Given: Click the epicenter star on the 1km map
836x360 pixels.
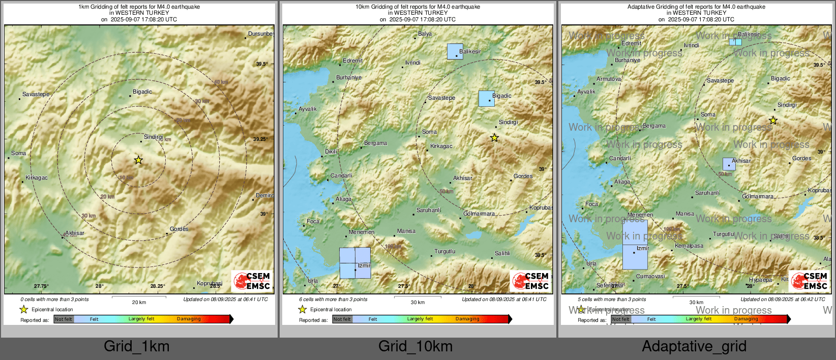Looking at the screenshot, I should pyautogui.click(x=138, y=160).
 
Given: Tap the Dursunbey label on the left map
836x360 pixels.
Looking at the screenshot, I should pyautogui.click(x=260, y=34).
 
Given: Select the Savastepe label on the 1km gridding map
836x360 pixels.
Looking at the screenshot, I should pyautogui.click(x=36, y=95).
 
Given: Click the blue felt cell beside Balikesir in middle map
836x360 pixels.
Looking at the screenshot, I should pyautogui.click(x=455, y=51).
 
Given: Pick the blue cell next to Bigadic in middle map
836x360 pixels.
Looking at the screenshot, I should pyautogui.click(x=486, y=99).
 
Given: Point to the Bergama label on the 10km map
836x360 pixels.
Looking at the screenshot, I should pyautogui.click(x=375, y=143).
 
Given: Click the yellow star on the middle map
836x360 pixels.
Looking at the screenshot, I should pyautogui.click(x=494, y=138).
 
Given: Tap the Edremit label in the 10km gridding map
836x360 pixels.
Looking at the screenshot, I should pyautogui.click(x=352, y=61).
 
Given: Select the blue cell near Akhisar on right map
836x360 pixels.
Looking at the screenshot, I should pyautogui.click(x=729, y=164).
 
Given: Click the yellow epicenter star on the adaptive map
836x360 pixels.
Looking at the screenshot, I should pyautogui.click(x=773, y=121).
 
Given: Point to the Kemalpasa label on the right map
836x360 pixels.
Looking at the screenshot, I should pyautogui.click(x=689, y=246).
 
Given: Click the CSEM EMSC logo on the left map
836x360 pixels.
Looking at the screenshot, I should pyautogui.click(x=252, y=281).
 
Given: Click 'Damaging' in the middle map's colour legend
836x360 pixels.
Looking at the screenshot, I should pyautogui.click(x=467, y=319).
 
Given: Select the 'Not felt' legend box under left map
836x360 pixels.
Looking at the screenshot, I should pyautogui.click(x=64, y=319).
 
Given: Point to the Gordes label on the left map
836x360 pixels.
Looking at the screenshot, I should pyautogui.click(x=179, y=229).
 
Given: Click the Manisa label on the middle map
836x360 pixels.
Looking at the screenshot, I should pyautogui.click(x=406, y=231).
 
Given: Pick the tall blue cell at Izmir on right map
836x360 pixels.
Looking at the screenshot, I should pyautogui.click(x=635, y=245).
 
